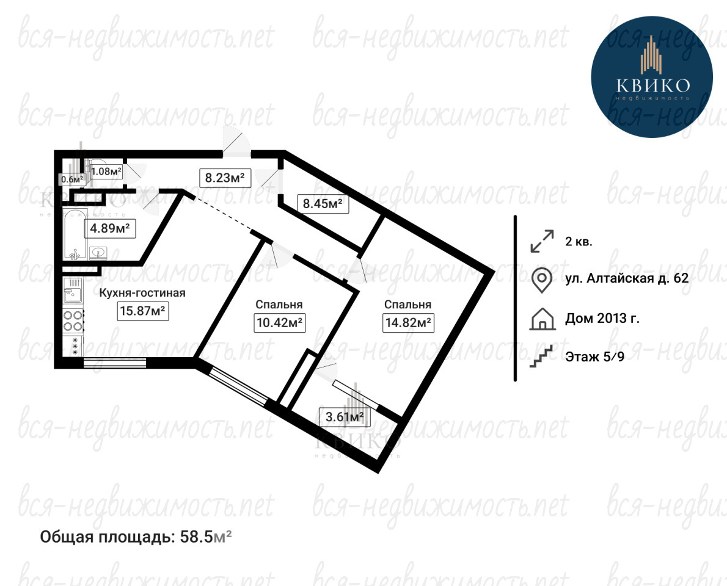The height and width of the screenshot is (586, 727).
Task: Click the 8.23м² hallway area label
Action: (x=225, y=178)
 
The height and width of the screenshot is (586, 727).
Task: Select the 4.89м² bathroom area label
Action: (x=110, y=229)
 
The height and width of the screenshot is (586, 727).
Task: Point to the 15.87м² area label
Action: (x=142, y=311)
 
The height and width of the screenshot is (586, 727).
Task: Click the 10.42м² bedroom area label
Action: (x=280, y=322)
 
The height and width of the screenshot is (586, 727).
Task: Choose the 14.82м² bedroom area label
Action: (x=409, y=322)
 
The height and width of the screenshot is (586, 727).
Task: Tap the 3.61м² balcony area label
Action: (x=345, y=417)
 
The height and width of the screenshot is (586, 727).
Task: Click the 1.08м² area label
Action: (x=106, y=172)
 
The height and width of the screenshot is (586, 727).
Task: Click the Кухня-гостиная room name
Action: (x=143, y=293)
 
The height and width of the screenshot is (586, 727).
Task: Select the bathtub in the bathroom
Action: (x=75, y=234)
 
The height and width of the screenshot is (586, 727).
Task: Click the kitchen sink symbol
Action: (x=73, y=289)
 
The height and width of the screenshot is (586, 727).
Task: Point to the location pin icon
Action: (x=541, y=280)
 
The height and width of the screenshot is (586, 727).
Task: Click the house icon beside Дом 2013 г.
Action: (x=542, y=319)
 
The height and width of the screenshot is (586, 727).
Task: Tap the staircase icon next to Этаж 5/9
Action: (x=541, y=356)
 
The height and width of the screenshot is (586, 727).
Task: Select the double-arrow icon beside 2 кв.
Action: (x=542, y=241)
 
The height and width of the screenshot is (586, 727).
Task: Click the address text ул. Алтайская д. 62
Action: (x=627, y=278)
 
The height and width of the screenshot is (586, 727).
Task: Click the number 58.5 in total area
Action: (x=196, y=537)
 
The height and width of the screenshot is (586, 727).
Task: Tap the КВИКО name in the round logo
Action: (x=652, y=85)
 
